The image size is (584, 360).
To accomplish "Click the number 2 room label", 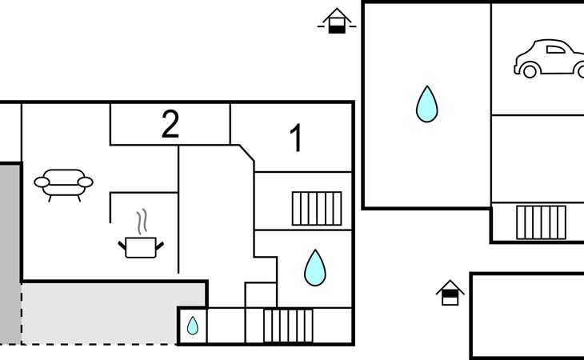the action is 170,125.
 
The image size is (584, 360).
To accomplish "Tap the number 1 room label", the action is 296,138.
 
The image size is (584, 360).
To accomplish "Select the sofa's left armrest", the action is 42,182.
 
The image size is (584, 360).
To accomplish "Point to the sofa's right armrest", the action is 86,182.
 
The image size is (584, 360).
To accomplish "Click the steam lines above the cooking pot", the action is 142,222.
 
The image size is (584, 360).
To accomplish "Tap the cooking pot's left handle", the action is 122,246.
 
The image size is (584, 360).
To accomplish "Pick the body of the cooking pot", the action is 141,247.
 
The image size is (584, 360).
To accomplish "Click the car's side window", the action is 555,50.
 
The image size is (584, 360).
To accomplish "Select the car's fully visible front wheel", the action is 530,70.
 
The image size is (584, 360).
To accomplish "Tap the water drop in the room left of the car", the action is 427,104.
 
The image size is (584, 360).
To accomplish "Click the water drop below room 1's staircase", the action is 315,268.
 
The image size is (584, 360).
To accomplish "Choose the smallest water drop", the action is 193,326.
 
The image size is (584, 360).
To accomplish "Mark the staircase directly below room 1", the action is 317,209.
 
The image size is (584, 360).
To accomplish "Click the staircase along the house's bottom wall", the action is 288,326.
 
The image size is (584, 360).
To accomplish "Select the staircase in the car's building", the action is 541,222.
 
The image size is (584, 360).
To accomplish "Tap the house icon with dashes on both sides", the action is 337,22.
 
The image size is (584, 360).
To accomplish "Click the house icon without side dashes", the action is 450,293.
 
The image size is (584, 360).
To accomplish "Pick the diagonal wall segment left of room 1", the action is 246,153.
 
